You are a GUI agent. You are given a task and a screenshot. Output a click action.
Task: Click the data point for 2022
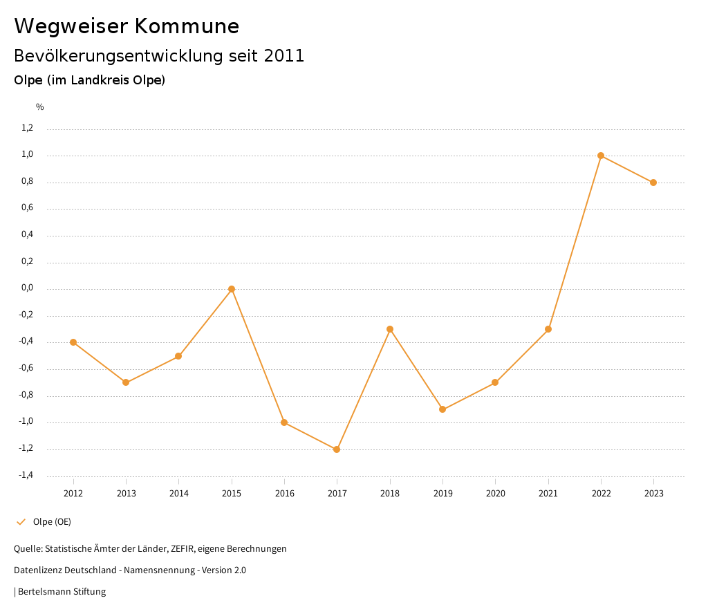coord(601,156)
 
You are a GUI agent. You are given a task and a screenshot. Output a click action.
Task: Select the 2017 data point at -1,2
coord(337,449)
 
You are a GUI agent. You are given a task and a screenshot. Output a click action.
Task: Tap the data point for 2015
coord(232,289)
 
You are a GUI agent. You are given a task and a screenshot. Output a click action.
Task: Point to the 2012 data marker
coord(73,342)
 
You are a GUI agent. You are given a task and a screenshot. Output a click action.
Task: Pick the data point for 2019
coord(442,409)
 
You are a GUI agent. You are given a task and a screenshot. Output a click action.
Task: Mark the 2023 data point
coord(653,183)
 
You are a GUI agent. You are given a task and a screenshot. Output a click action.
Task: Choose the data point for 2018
coord(390,329)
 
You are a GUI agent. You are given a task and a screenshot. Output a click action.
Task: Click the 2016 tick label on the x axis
coord(284,494)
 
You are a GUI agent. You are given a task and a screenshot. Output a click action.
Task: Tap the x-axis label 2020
coord(495,494)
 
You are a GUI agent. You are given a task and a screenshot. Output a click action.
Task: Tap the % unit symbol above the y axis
coord(40,107)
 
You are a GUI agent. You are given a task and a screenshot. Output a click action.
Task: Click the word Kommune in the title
coord(187,26)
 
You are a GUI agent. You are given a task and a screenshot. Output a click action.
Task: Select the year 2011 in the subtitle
coord(284,56)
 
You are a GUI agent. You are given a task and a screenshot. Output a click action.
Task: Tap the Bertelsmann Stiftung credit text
coord(62,592)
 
